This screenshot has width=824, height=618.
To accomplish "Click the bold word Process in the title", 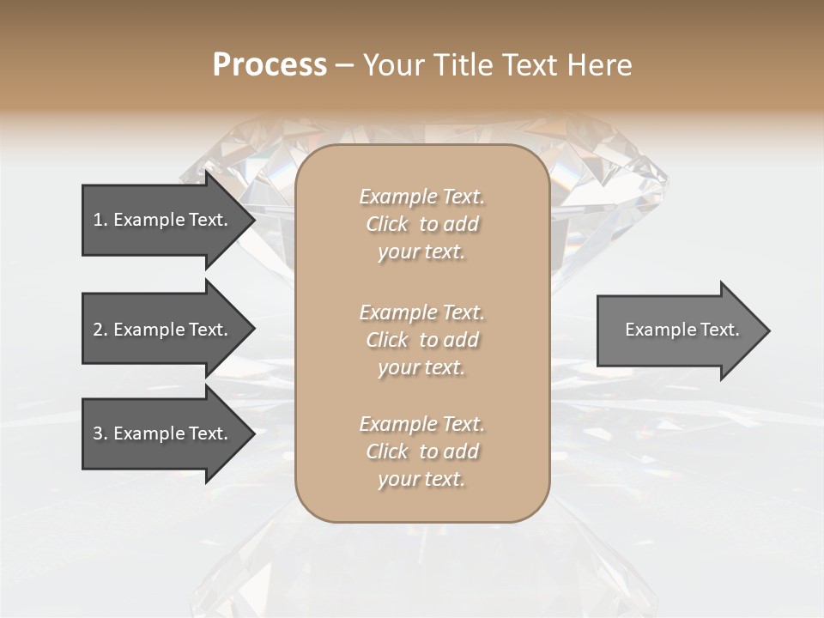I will (x=270, y=65).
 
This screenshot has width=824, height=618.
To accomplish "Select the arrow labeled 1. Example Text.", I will (x=163, y=220).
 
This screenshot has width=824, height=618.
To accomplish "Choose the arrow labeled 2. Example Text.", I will (x=163, y=330).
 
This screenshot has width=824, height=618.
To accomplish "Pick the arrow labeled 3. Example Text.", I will (x=163, y=433).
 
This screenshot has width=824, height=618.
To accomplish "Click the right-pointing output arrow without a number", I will (x=678, y=330).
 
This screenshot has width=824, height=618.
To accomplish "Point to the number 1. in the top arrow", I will (x=100, y=220).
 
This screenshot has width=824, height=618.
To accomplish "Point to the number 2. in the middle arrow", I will (x=100, y=330).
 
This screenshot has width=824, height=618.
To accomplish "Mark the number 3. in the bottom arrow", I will (x=100, y=433).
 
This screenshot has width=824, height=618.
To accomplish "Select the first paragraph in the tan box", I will (x=421, y=224).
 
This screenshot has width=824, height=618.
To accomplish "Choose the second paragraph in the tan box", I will (x=421, y=340).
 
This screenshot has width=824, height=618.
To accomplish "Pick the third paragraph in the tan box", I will (x=421, y=451).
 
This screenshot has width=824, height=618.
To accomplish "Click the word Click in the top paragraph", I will (x=387, y=224).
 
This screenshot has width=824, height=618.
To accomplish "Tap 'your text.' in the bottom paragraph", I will (x=421, y=479).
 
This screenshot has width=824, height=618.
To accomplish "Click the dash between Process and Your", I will (x=344, y=65).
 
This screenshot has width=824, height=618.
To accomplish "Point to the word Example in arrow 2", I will (x=149, y=330).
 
